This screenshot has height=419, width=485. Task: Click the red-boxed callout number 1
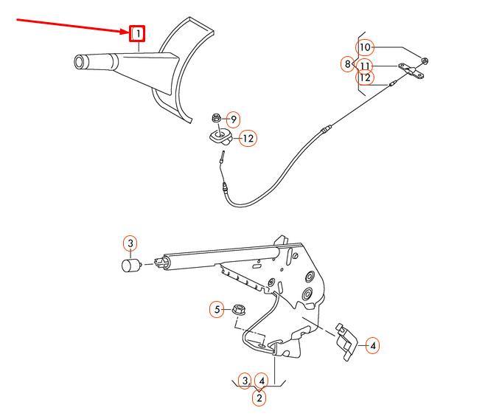pyautogui.click(x=137, y=33)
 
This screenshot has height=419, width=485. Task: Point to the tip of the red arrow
pyautogui.click(x=128, y=32)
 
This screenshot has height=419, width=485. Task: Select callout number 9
pyautogui.click(x=233, y=120)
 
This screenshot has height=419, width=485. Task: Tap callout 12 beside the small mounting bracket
pyautogui.click(x=248, y=138)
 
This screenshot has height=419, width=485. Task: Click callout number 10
pyautogui.click(x=366, y=48)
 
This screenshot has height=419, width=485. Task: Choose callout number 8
pyautogui.click(x=348, y=64)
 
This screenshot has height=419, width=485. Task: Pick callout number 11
pyautogui.click(x=366, y=65)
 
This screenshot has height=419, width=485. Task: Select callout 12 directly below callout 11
pyautogui.click(x=366, y=77)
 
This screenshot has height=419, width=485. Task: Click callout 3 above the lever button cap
pyautogui.click(x=130, y=243)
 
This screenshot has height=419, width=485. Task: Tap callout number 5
pyautogui.click(x=217, y=309)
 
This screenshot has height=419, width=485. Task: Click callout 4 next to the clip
pyautogui.click(x=373, y=344)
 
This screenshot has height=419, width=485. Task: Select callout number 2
pyautogui.click(x=259, y=398)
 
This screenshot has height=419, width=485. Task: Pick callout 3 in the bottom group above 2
pyautogui.click(x=245, y=381)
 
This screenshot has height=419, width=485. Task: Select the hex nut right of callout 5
pyautogui.click(x=238, y=309)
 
